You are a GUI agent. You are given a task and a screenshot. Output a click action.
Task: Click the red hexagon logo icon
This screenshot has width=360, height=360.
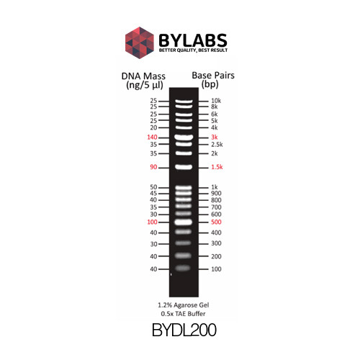coord(140,42)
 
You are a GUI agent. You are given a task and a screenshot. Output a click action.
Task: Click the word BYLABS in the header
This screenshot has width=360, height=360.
coord(193,40)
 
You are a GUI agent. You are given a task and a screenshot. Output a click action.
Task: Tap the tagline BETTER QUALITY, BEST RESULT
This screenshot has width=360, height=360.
coord(193,50)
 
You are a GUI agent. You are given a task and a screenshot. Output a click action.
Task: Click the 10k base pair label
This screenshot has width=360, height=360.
coord(216,101)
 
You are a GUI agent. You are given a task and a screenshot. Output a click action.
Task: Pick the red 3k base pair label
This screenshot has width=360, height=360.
coord(215,137)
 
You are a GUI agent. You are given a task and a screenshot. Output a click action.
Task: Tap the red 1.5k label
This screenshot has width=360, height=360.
coord(217,167)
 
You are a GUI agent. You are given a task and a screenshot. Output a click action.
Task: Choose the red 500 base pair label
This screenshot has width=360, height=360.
coord(216,222)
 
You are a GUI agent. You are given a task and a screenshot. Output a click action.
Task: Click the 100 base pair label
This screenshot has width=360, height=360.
coord(216,269)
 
